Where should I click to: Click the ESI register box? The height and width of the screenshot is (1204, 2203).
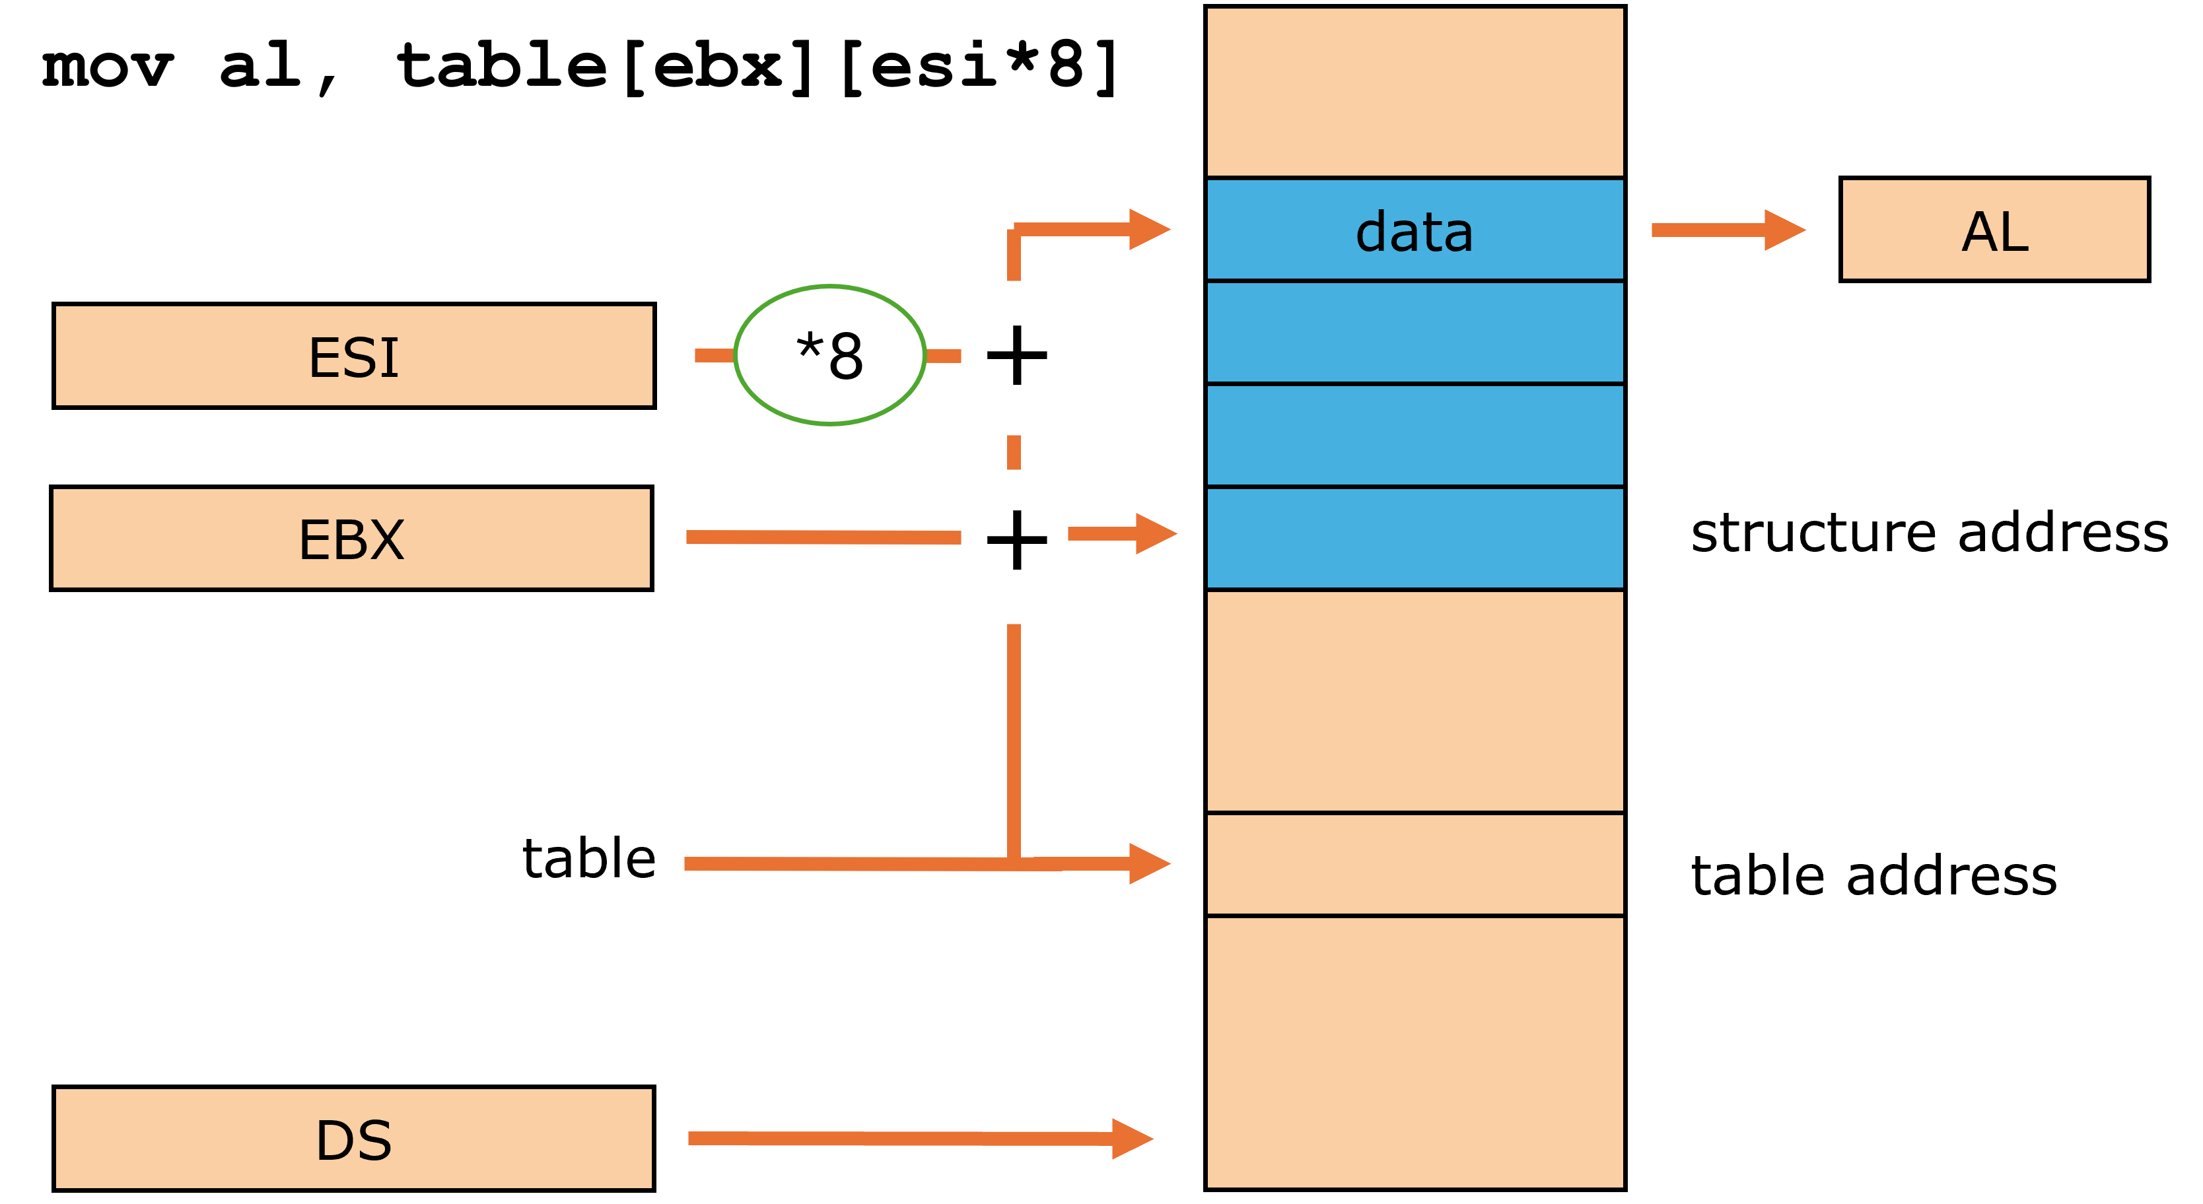(354, 356)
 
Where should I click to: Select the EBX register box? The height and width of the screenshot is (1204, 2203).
(351, 538)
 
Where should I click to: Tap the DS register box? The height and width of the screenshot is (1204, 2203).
(354, 1138)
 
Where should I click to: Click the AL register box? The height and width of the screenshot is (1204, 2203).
(1994, 229)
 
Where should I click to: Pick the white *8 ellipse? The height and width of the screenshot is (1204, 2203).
(829, 355)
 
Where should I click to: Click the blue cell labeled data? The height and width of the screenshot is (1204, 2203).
(1415, 229)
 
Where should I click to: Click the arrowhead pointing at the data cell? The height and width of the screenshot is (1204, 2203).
(1148, 229)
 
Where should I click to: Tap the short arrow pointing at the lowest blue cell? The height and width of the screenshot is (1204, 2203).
(1120, 533)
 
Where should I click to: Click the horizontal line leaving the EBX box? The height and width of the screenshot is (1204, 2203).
(823, 537)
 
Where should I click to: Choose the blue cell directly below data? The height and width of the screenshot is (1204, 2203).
(1415, 332)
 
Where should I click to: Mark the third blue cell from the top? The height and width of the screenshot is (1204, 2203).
(1415, 435)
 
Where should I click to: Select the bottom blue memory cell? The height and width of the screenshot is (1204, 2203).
(1415, 538)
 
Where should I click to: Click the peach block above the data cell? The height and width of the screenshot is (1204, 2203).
(1415, 92)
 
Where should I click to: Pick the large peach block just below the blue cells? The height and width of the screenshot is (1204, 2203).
(1415, 700)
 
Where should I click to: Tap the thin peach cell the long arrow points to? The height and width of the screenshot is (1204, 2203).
(1415, 863)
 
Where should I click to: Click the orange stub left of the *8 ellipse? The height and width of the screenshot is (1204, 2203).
(714, 356)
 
